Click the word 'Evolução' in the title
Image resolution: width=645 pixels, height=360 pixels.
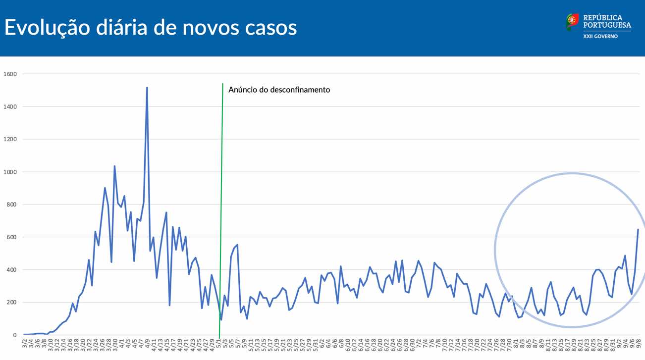(40, 28)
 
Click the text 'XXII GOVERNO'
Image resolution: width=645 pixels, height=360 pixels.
(600, 36)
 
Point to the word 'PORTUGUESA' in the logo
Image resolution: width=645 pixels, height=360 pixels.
(607, 25)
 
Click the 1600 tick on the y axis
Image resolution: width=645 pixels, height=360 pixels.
(10, 74)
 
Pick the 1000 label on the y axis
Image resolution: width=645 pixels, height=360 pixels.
(10, 172)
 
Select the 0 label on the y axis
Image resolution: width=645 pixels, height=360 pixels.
(15, 335)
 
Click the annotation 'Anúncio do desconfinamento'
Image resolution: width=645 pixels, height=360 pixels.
(279, 90)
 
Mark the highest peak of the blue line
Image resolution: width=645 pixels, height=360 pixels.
(147, 88)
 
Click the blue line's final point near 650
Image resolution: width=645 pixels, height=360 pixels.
(638, 229)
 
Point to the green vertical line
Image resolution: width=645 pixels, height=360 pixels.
(221, 198)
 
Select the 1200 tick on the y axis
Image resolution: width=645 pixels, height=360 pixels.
(10, 140)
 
